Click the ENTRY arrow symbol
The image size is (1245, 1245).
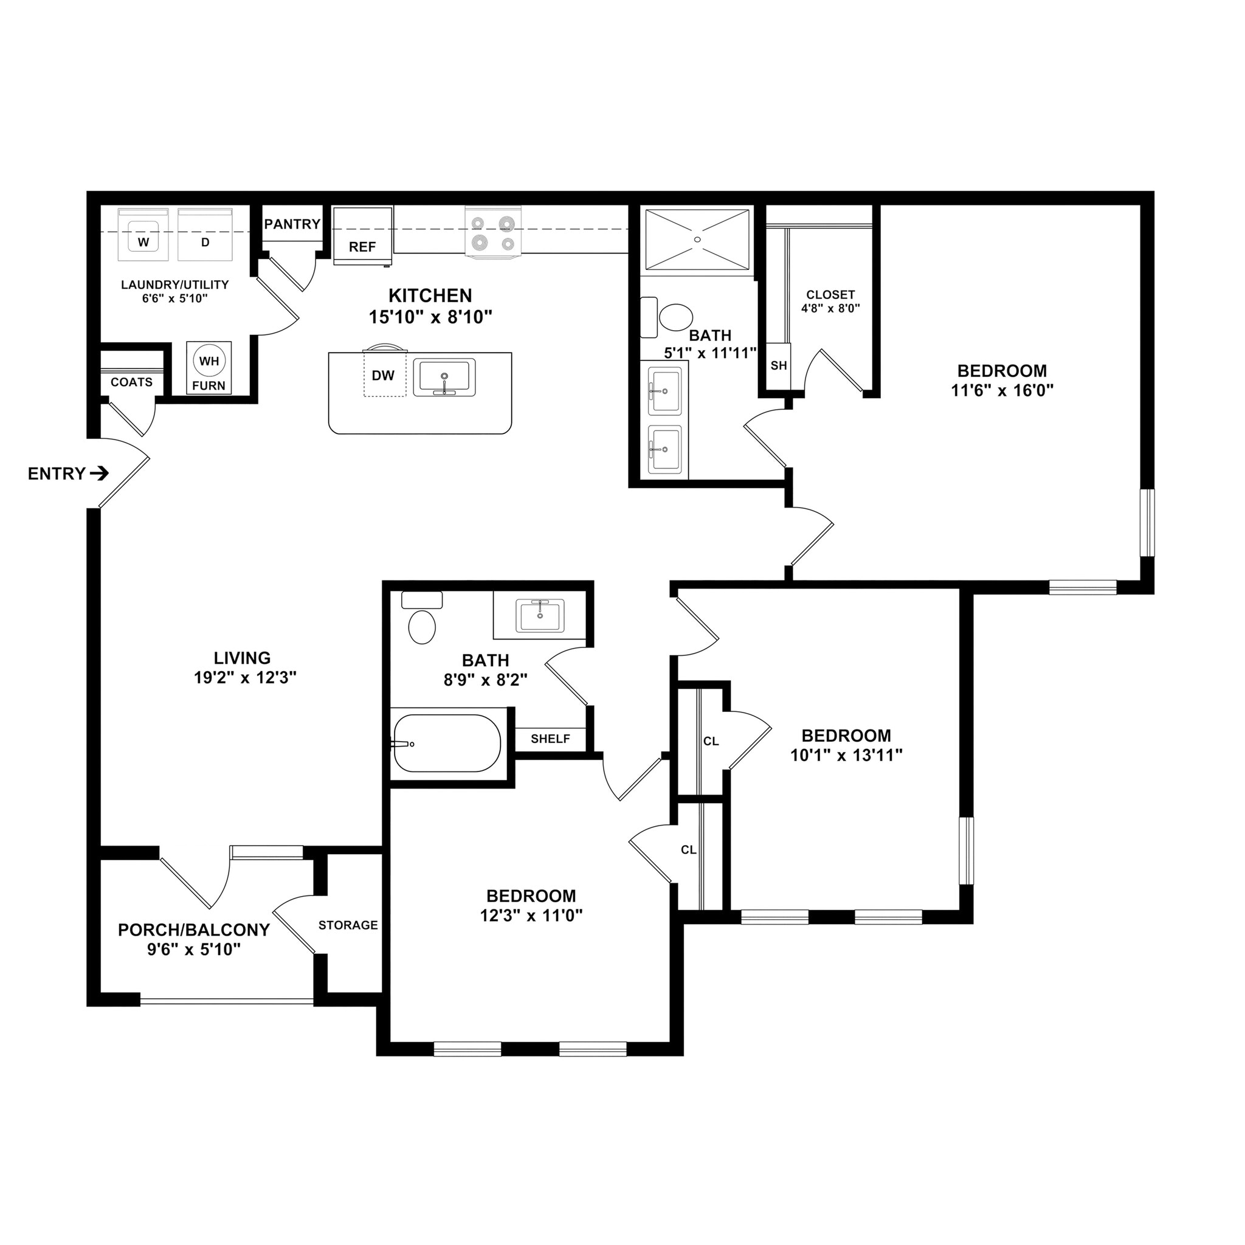[x=98, y=474]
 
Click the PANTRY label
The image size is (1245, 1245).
[x=292, y=224]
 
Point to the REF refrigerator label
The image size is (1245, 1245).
[x=362, y=247]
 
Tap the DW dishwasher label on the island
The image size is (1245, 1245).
[x=383, y=376]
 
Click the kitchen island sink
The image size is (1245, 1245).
[x=444, y=378]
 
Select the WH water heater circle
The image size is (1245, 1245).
[x=209, y=362]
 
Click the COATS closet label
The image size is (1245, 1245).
[x=131, y=382]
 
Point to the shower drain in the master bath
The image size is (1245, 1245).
[x=697, y=239]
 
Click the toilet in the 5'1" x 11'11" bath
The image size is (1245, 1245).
[x=675, y=318]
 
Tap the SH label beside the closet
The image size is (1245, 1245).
[x=779, y=365]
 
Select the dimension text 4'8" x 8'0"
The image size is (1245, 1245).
[x=830, y=309]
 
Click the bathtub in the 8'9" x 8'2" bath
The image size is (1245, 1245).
[x=447, y=743]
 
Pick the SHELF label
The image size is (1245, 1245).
[x=550, y=739]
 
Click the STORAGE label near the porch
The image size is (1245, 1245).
[x=348, y=925]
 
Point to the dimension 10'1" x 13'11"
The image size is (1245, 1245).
[x=846, y=755]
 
